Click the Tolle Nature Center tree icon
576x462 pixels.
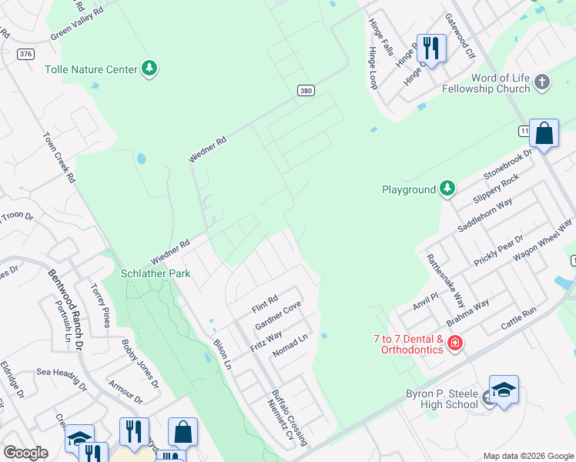coord(149,69)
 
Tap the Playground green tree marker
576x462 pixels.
coord(447,189)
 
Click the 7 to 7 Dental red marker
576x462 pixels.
coord(454,343)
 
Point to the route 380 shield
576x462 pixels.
coord(306,91)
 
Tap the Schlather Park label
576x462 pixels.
coord(156,273)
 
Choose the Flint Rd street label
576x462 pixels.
coord(263,304)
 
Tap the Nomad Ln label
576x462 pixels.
coord(293,343)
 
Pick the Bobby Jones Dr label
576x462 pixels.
coord(140,364)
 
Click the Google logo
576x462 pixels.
coord(25,452)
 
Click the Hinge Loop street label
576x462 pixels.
coord(373,68)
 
